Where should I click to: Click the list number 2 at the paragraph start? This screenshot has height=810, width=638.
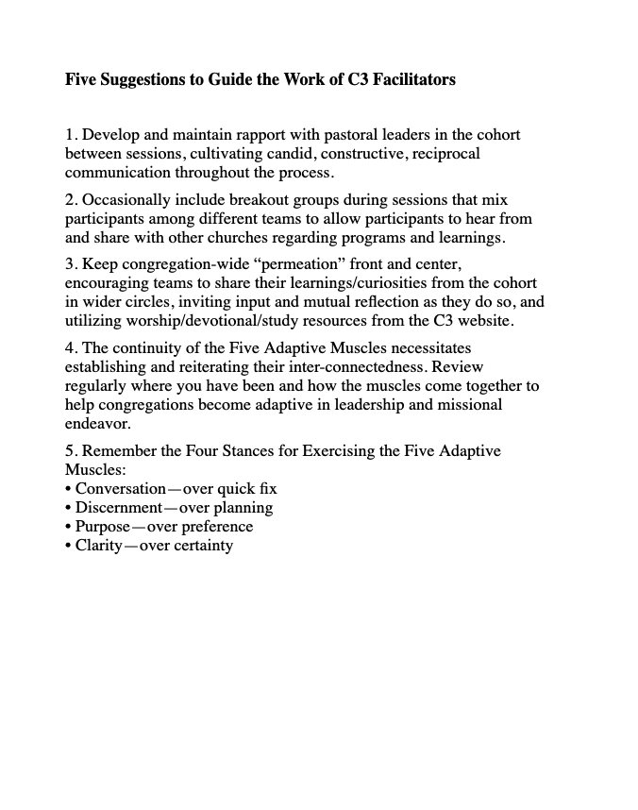tap(70, 200)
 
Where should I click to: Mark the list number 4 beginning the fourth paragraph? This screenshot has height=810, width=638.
tap(70, 348)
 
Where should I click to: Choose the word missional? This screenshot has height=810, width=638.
tap(470, 404)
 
